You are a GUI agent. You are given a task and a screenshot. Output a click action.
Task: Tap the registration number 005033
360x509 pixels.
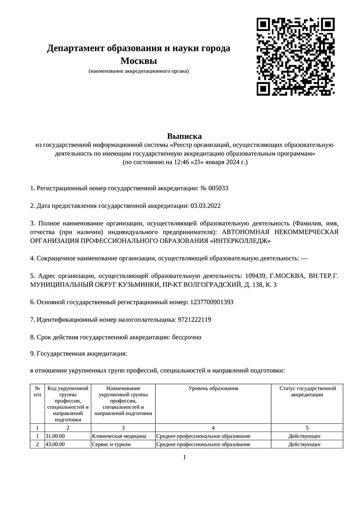click(219, 189)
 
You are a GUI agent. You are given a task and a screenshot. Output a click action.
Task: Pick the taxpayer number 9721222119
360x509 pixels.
click(194, 320)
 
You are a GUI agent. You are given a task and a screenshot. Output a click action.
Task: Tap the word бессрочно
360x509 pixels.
click(187, 337)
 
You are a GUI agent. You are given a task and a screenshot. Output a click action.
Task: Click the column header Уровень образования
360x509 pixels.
click(213, 388)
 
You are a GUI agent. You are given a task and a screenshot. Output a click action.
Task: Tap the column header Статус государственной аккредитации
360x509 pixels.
click(307, 391)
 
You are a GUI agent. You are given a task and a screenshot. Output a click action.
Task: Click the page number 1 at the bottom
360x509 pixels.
click(184, 457)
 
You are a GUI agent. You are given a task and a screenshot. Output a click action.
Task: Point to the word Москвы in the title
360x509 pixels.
click(138, 61)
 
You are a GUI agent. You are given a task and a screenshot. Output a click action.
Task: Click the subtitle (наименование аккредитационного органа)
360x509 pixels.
click(138, 71)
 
